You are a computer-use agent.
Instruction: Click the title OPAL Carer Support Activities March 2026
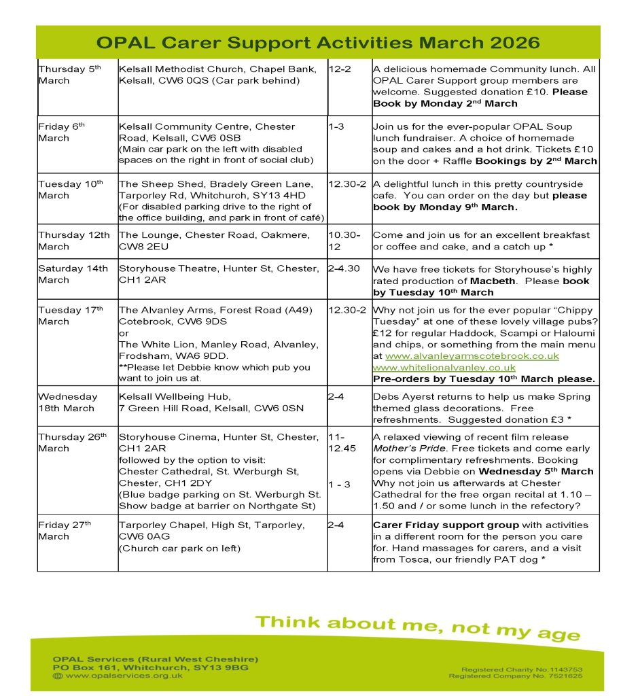pyautogui.click(x=318, y=43)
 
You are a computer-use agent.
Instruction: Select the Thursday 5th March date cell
pyautogui.click(x=71, y=75)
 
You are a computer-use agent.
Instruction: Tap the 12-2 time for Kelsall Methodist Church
pyautogui.click(x=340, y=69)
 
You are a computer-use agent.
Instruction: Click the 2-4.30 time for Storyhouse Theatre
pyautogui.click(x=345, y=268)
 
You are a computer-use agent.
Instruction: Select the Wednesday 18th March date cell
pyautogui.click(x=67, y=402)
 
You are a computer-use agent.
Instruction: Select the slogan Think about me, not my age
pyautogui.click(x=418, y=626)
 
